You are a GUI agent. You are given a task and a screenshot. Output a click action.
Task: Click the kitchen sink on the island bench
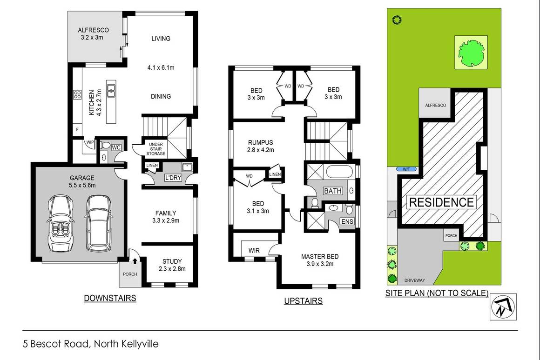pyautogui.click(x=112, y=90)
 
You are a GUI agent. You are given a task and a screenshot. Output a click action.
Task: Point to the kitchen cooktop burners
pyautogui.click(x=77, y=95)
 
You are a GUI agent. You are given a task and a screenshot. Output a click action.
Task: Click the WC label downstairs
pyautogui.click(x=116, y=147)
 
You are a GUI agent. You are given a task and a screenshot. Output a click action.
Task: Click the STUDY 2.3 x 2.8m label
pyautogui.click(x=172, y=265)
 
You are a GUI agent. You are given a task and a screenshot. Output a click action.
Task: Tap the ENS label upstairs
pyautogui.click(x=347, y=222)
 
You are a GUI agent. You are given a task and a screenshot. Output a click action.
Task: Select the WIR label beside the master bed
pyautogui.click(x=254, y=251)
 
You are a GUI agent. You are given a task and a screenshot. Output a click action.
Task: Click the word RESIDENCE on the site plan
pyautogui.click(x=441, y=202)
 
